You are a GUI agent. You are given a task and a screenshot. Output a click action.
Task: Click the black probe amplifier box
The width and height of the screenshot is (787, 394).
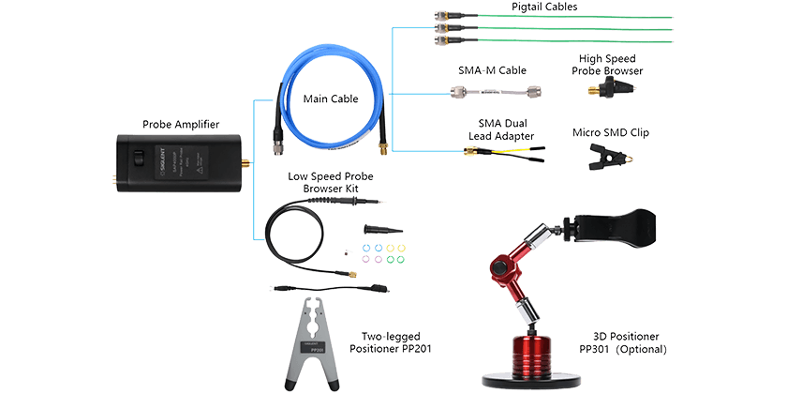coord(178,161)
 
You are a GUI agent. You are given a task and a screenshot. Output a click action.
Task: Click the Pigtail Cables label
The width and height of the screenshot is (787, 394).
coord(544,7)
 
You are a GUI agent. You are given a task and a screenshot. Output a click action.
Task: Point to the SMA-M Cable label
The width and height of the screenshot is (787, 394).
coord(490,70)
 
